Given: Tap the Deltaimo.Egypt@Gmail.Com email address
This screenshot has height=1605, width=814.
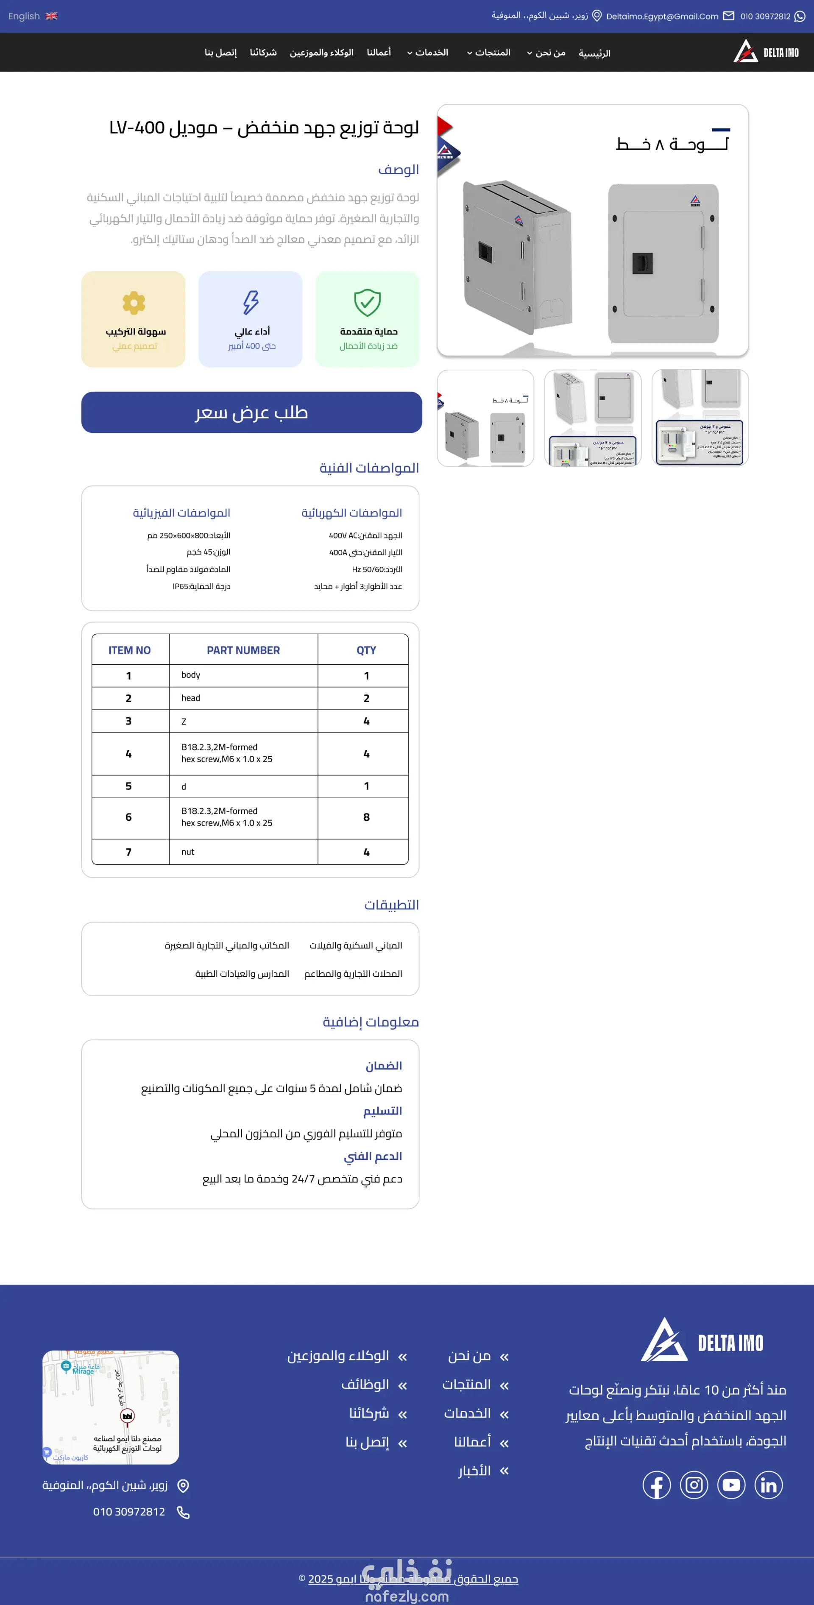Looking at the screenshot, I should pyautogui.click(x=662, y=16).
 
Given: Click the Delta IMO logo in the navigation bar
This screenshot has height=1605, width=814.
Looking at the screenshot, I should pyautogui.click(x=765, y=52).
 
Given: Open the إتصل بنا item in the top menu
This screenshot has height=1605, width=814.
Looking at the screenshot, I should pyautogui.click(x=220, y=52).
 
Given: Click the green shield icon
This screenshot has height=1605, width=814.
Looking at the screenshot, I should pyautogui.click(x=367, y=303).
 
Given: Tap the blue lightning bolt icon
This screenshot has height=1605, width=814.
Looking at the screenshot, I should pyautogui.click(x=251, y=303).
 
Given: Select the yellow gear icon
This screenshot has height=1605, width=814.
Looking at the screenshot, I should pyautogui.click(x=134, y=303).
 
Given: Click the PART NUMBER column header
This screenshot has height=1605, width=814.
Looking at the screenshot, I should pyautogui.click(x=243, y=650).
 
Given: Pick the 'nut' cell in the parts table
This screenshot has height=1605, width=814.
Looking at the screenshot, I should pyautogui.click(x=188, y=852).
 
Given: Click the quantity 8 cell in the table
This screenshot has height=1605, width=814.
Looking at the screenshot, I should pyautogui.click(x=366, y=817).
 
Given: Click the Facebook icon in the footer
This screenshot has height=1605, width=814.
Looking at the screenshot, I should pyautogui.click(x=656, y=1485).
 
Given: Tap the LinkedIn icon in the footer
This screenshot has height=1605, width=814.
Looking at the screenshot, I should pyautogui.click(x=769, y=1485).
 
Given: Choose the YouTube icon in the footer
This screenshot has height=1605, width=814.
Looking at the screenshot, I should pyautogui.click(x=731, y=1485).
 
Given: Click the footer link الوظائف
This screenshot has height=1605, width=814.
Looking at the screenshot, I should pyautogui.click(x=365, y=1385).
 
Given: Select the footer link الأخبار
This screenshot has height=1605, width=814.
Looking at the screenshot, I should pyautogui.click(x=474, y=1471).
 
